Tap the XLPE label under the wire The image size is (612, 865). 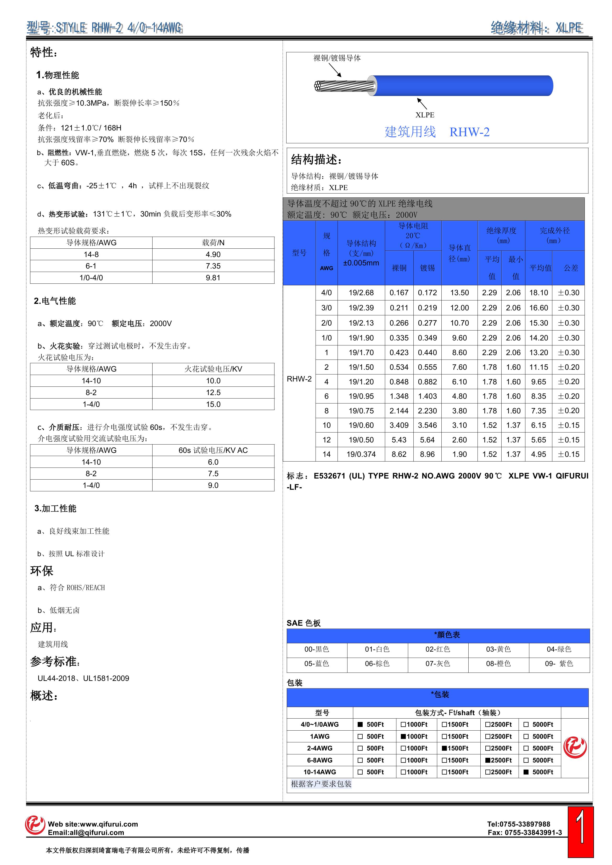425,115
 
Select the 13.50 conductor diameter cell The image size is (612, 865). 459,293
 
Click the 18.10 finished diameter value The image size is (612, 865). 538,293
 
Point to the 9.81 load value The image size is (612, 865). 213,278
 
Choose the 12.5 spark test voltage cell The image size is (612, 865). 213,392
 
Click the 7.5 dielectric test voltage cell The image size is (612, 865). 213,474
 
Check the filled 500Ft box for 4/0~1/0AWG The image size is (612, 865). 360,725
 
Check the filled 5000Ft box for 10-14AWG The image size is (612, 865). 526,772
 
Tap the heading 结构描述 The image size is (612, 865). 316,160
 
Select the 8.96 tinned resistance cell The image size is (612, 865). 427,454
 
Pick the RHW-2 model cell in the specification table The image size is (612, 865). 299,379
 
